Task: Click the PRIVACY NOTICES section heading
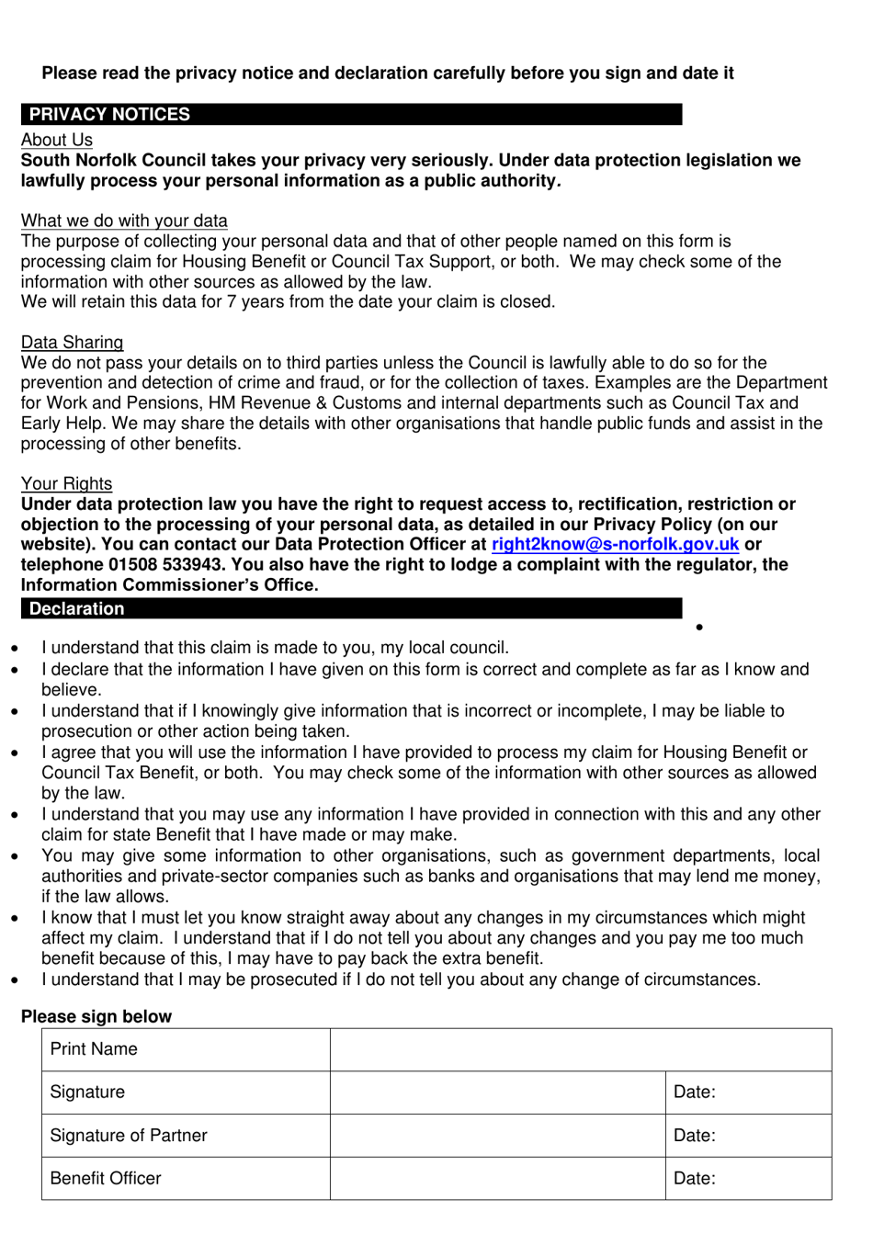coord(109,115)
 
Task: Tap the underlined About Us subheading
coord(57,140)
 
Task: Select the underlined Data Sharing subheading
coord(72,343)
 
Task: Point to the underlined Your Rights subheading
coord(66,484)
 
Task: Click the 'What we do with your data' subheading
coord(124,221)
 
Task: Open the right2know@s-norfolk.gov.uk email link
coord(615,545)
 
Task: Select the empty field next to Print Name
coord(580,1049)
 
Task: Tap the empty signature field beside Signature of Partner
coord(497,1136)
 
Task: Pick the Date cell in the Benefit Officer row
coord(748,1179)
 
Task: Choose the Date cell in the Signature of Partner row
coord(748,1136)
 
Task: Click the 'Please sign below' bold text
coord(96,1017)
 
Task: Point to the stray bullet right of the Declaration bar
coord(700,628)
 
